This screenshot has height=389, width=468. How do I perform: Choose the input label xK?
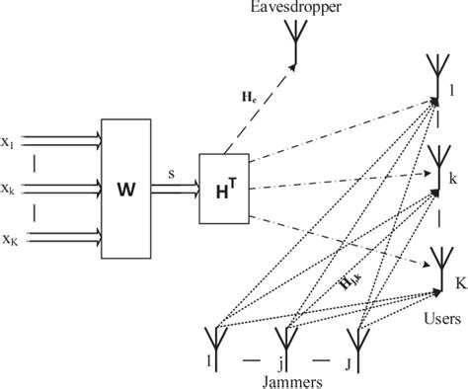pyautogui.click(x=9, y=238)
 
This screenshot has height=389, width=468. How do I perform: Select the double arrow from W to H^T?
pyautogui.click(x=176, y=189)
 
